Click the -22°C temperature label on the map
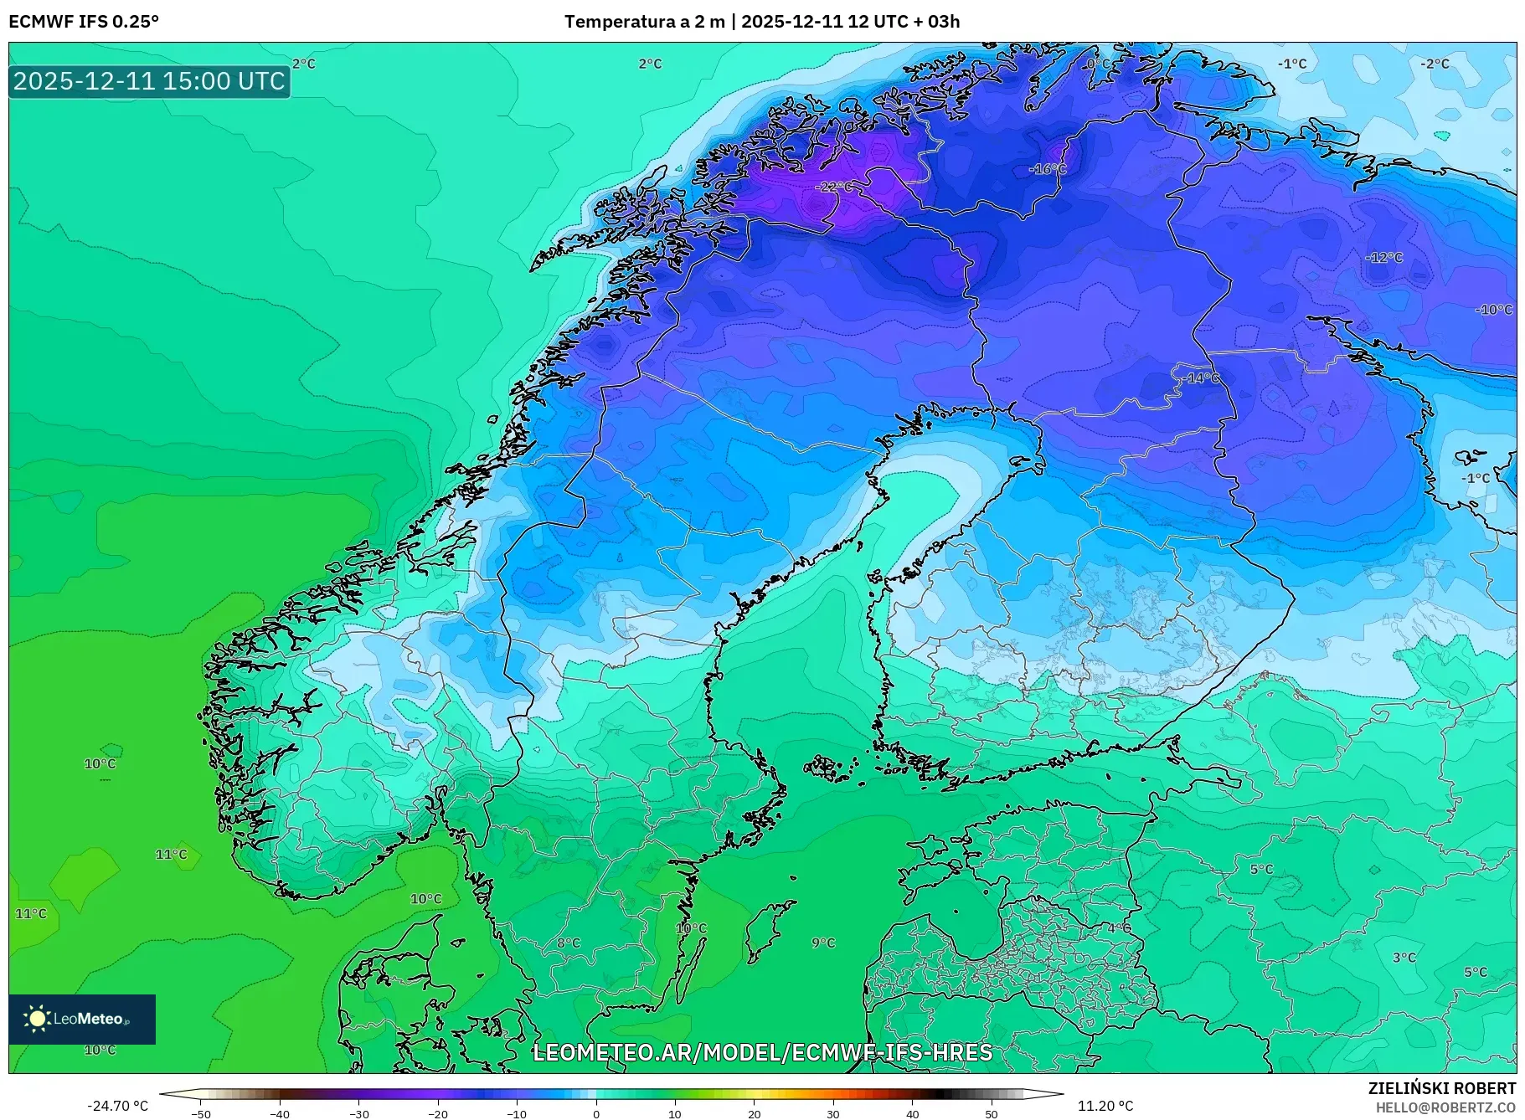click(x=834, y=187)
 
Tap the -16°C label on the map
click(x=1048, y=169)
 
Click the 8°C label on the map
click(x=568, y=943)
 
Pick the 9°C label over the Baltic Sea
click(x=823, y=943)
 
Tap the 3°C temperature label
click(x=1404, y=957)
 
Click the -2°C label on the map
click(x=1435, y=64)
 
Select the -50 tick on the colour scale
click(x=201, y=1113)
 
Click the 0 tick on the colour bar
click(x=596, y=1113)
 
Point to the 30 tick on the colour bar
click(x=833, y=1113)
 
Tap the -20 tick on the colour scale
click(x=438, y=1113)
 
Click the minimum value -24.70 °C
click(x=117, y=1106)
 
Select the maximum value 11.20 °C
click(x=1105, y=1106)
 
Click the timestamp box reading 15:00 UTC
click(x=149, y=81)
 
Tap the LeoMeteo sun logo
click(x=38, y=1019)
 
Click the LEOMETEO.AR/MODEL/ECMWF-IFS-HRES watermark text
click(x=762, y=1052)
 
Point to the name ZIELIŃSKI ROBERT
click(x=1441, y=1088)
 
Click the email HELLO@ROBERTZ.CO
click(x=1445, y=1107)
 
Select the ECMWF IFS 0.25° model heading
click(x=84, y=22)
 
